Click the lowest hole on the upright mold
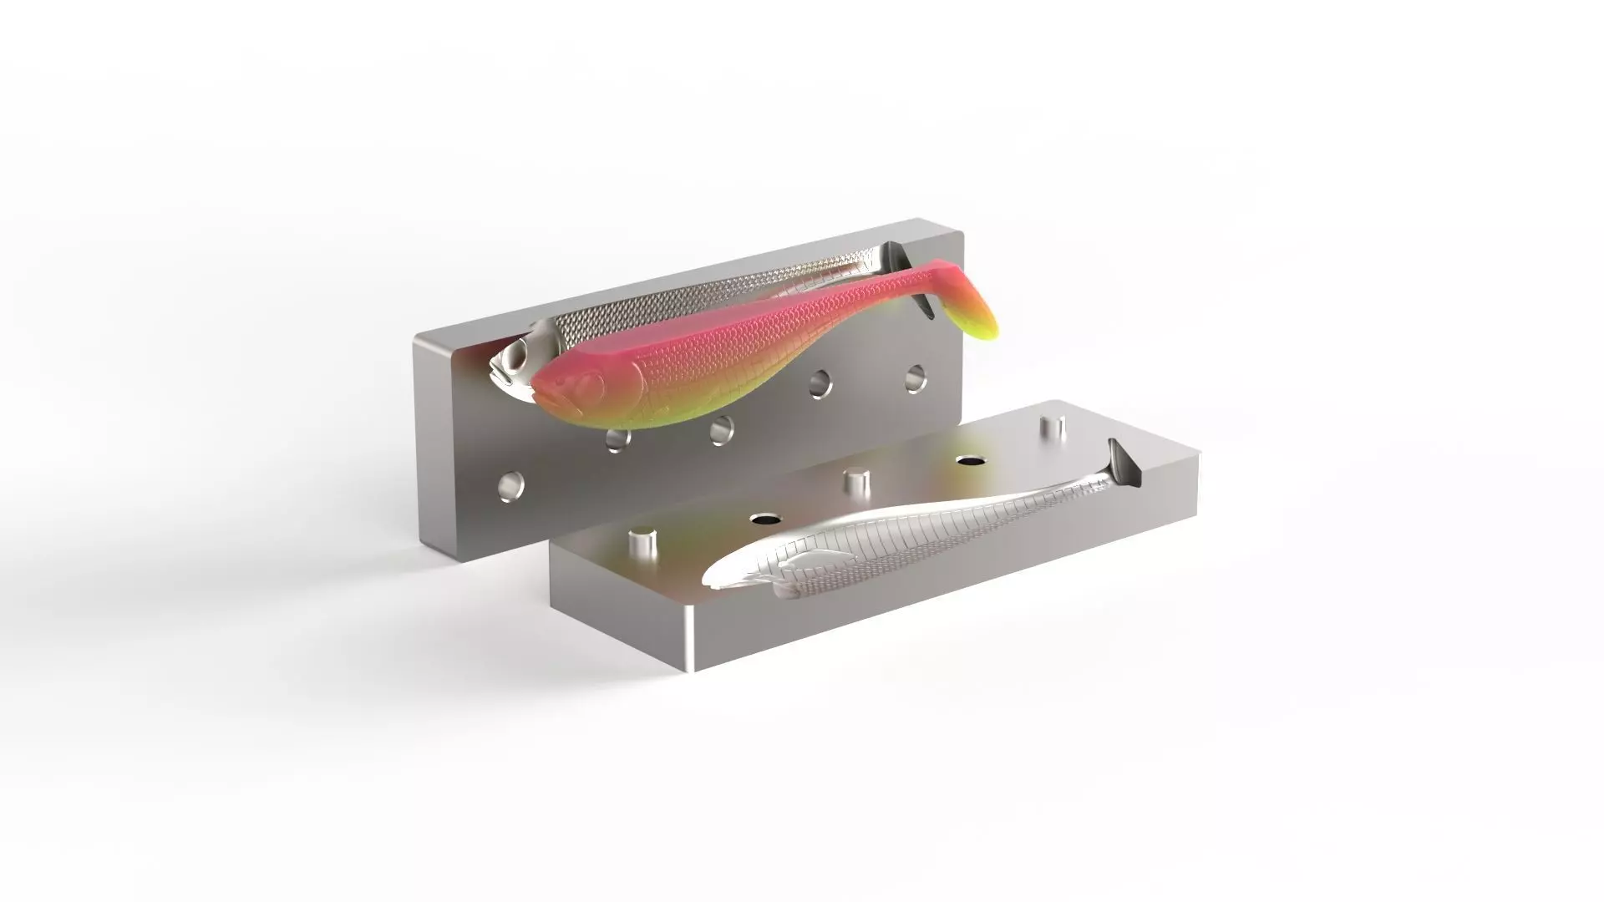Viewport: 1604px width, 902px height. pyautogui.click(x=510, y=484)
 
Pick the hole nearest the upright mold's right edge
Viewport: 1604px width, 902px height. pyautogui.click(x=916, y=378)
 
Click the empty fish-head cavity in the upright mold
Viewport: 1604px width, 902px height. pyautogui.click(x=514, y=365)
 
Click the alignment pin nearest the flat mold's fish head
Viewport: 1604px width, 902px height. pyautogui.click(x=642, y=544)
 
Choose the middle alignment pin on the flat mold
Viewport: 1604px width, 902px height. pyautogui.click(x=855, y=483)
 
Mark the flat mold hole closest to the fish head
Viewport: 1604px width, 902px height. pyautogui.click(x=764, y=519)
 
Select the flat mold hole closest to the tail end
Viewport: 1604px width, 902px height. pyautogui.click(x=969, y=460)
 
